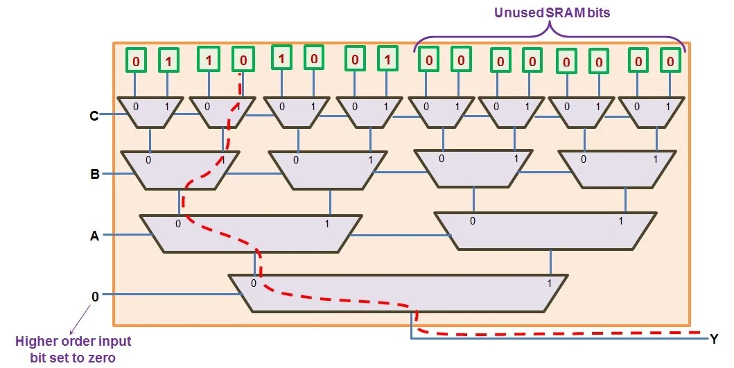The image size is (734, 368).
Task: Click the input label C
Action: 94,116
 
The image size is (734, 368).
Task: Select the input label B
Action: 95,174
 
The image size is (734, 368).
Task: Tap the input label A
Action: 94,236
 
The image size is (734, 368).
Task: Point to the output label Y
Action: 713,340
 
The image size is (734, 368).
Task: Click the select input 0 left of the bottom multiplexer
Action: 96,296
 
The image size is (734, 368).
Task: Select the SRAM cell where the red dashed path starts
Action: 243,60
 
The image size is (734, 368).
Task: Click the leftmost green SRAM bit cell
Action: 135,61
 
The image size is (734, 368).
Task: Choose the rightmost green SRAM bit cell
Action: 670,61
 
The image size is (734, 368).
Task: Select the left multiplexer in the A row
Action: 251,234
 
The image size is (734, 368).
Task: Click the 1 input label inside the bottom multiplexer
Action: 549,283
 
